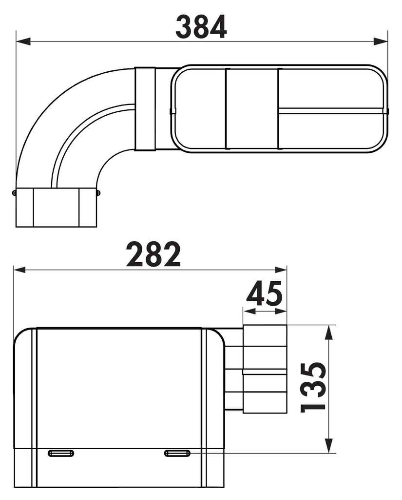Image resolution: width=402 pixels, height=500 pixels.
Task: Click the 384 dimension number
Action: point(201,27)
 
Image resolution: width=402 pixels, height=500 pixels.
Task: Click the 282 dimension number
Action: point(153,254)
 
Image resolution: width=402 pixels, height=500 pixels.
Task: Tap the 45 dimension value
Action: point(264,293)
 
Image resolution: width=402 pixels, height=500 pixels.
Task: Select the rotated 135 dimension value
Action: point(312,387)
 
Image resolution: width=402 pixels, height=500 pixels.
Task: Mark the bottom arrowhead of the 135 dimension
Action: point(330,445)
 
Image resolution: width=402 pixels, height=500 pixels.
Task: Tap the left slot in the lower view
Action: point(61,453)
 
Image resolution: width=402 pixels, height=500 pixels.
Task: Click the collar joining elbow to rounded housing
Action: point(145,109)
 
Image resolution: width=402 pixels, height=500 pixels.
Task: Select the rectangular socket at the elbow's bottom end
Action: point(56,207)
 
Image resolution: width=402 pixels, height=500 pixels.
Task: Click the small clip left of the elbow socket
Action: point(14,193)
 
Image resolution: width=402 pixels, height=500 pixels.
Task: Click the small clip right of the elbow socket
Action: point(98,193)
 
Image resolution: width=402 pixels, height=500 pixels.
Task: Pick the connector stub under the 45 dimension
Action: point(265,369)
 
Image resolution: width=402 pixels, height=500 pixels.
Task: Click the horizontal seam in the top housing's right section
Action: point(333,111)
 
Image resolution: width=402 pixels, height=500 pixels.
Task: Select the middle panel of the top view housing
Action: point(252,109)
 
